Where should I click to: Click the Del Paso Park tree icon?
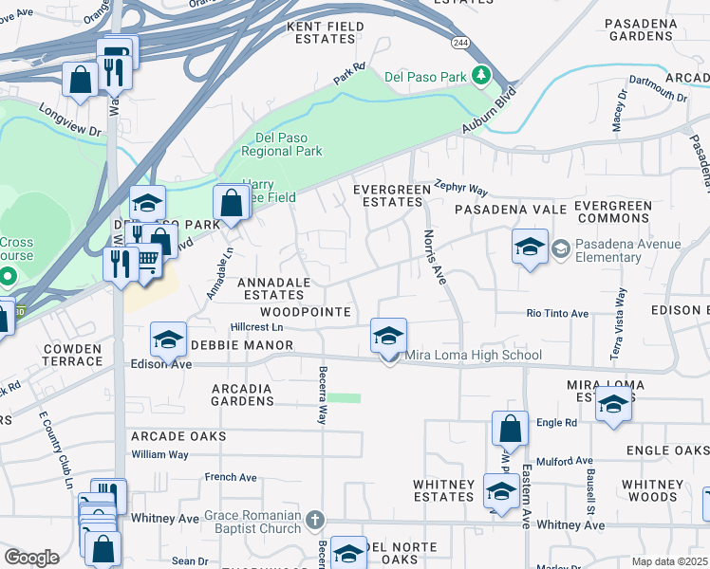point(481,75)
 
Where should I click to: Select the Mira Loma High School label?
point(474,356)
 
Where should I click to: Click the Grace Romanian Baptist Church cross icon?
point(315,518)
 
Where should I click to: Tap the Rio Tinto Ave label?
point(558,313)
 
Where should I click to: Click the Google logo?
point(31,558)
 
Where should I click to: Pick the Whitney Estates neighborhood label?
point(443,490)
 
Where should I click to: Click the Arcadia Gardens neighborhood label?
point(242,395)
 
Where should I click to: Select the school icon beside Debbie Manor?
point(168,340)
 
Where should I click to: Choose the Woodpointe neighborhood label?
point(306,312)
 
